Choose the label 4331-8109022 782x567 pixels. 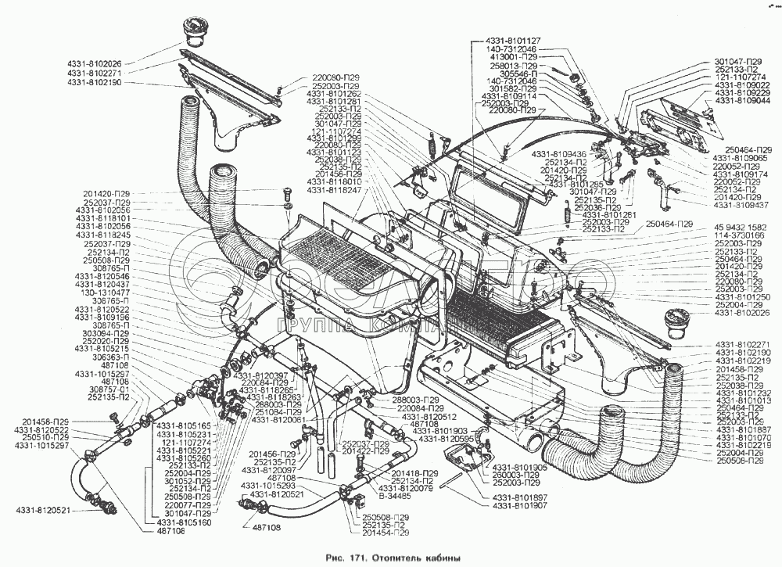click(743, 84)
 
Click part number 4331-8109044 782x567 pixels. click(743, 100)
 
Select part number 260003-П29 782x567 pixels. click(516, 475)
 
